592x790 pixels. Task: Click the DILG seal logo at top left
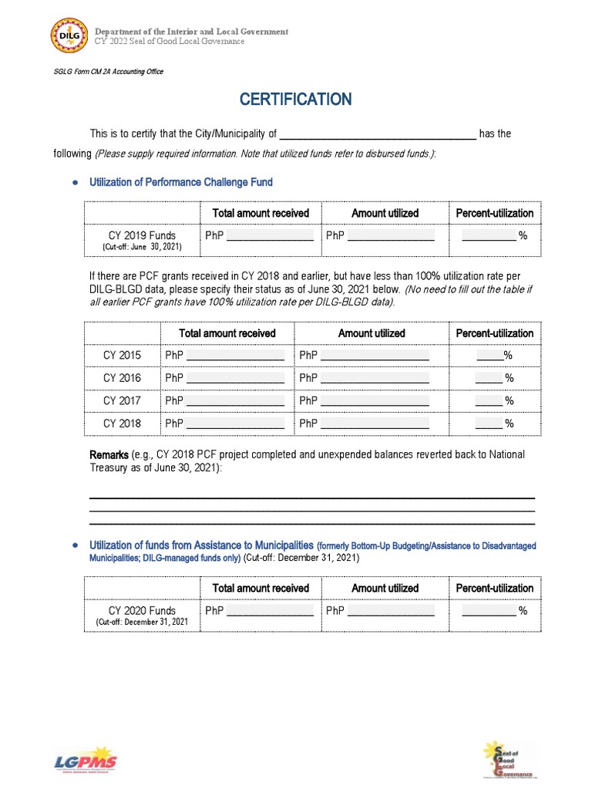(69, 36)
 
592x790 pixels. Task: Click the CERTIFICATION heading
(295, 99)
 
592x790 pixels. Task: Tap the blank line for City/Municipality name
(378, 134)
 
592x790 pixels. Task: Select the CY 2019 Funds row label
(142, 235)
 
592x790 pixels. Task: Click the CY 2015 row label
(123, 356)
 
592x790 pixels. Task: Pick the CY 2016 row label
(123, 378)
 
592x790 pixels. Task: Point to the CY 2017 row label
(123, 400)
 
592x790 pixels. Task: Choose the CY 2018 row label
(123, 424)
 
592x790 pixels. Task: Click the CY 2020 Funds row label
(142, 610)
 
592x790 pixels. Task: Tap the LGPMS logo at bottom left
(86, 761)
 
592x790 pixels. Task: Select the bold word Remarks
(109, 455)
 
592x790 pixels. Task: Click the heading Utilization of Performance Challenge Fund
(181, 183)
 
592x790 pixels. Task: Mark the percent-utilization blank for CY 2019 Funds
(489, 236)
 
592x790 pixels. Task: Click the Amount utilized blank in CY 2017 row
(375, 401)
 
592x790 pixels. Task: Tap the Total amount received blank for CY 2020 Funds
(270, 611)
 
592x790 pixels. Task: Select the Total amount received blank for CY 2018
(235, 424)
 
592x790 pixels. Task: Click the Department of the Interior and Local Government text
(191, 32)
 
